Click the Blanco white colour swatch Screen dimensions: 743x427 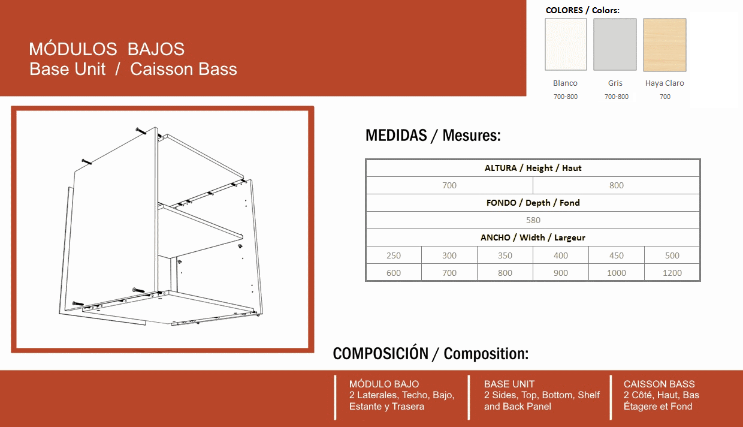(566, 44)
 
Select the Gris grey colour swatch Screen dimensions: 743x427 (615, 44)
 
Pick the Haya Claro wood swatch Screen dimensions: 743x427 (665, 44)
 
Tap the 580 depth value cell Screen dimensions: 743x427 (533, 220)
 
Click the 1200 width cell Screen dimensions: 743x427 (672, 273)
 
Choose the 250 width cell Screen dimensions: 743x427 (394, 255)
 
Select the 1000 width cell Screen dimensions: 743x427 (617, 273)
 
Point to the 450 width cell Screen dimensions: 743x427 (617, 255)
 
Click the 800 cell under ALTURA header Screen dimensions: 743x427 (617, 185)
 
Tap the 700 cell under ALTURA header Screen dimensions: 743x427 (449, 185)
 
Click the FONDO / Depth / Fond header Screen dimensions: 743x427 (533, 203)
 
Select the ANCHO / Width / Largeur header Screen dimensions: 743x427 (533, 237)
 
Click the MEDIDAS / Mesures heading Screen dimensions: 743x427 (433, 136)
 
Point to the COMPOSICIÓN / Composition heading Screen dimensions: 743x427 (431, 354)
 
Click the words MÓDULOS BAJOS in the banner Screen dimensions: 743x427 (107, 49)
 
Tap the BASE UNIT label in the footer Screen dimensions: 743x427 (509, 384)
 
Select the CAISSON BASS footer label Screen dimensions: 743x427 (659, 384)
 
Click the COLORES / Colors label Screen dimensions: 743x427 (582, 10)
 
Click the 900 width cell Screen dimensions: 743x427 (561, 273)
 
